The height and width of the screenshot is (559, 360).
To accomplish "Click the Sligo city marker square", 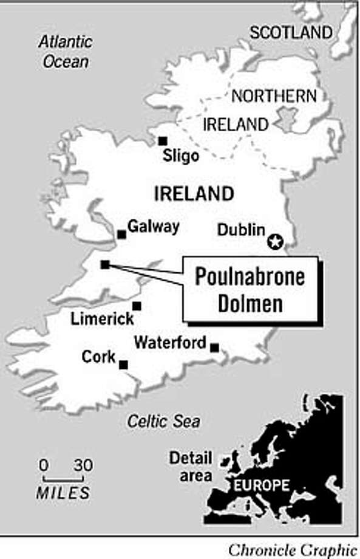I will [162, 141].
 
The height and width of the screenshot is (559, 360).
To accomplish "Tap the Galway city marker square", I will [121, 234].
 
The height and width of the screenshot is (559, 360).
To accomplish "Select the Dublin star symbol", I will [275, 242].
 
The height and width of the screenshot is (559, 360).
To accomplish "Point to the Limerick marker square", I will [137, 306].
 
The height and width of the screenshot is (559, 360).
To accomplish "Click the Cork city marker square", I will [123, 365].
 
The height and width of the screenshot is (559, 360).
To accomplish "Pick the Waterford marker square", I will [214, 348].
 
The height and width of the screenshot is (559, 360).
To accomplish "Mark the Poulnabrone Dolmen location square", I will [105, 264].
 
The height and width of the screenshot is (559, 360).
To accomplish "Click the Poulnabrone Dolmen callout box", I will [250, 289].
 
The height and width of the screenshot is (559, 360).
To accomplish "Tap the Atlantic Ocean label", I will [65, 52].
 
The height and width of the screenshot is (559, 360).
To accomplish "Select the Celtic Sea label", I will [163, 421].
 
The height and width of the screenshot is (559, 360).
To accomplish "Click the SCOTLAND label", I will [291, 33].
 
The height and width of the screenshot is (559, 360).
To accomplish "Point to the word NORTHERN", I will [274, 95].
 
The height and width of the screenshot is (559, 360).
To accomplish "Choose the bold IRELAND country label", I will [194, 194].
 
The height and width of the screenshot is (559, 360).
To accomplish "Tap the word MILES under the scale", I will [63, 493].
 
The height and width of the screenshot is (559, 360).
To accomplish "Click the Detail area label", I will [191, 467].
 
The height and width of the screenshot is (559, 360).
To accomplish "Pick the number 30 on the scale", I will [83, 466].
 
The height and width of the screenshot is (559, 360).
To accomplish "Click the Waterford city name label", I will [170, 343].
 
